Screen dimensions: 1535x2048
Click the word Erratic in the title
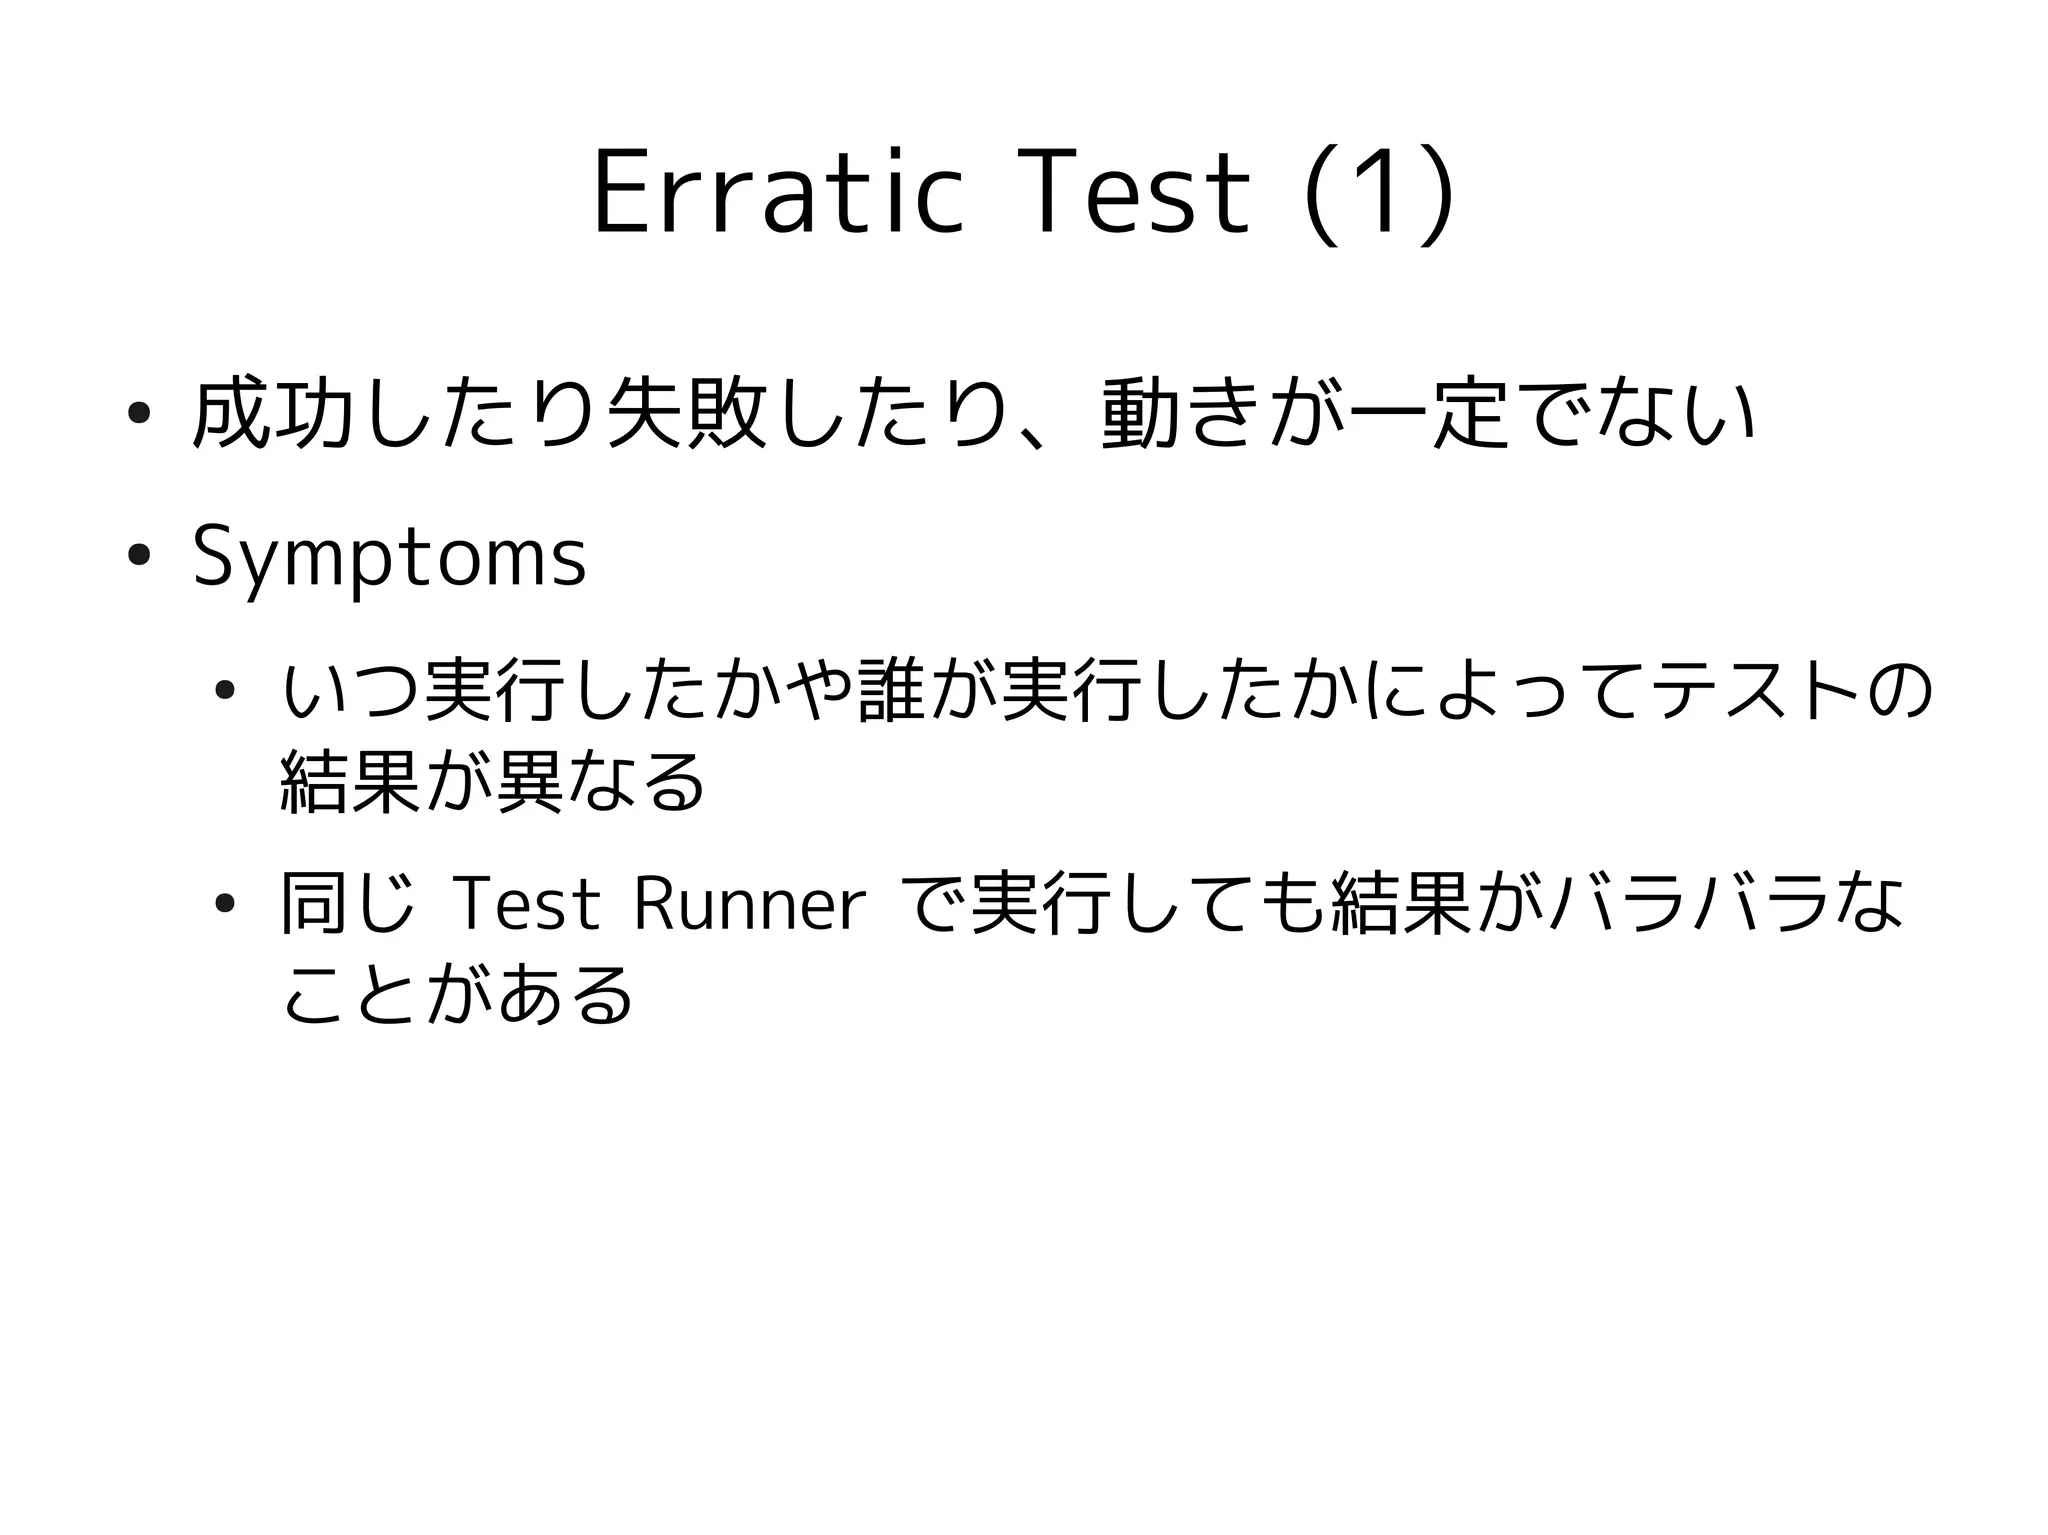coord(777,193)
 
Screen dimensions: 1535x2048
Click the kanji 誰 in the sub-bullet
coord(893,689)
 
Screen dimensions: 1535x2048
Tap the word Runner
coord(749,905)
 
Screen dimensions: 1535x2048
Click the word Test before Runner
coord(526,905)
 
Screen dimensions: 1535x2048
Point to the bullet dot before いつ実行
coord(224,689)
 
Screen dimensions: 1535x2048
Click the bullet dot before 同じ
coord(224,904)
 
